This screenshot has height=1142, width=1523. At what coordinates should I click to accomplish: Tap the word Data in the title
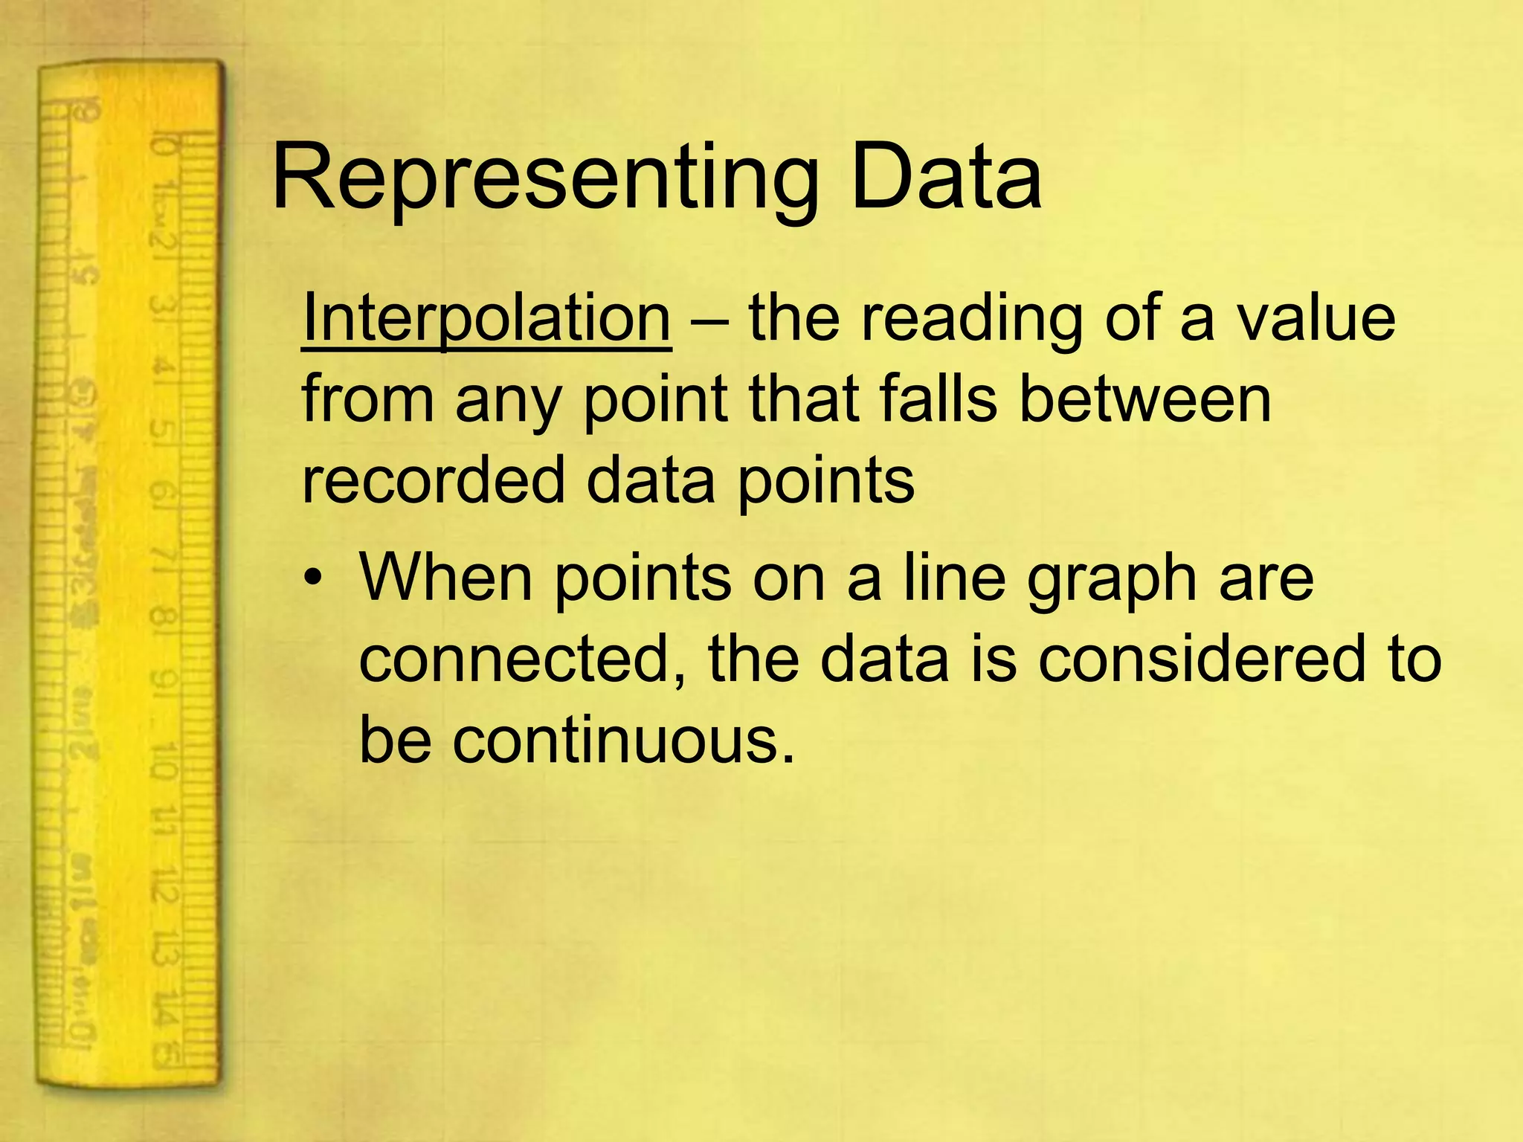[x=946, y=178]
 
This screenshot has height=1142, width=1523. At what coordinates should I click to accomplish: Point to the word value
[x=1316, y=318]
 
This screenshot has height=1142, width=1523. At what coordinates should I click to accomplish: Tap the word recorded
[x=434, y=480]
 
